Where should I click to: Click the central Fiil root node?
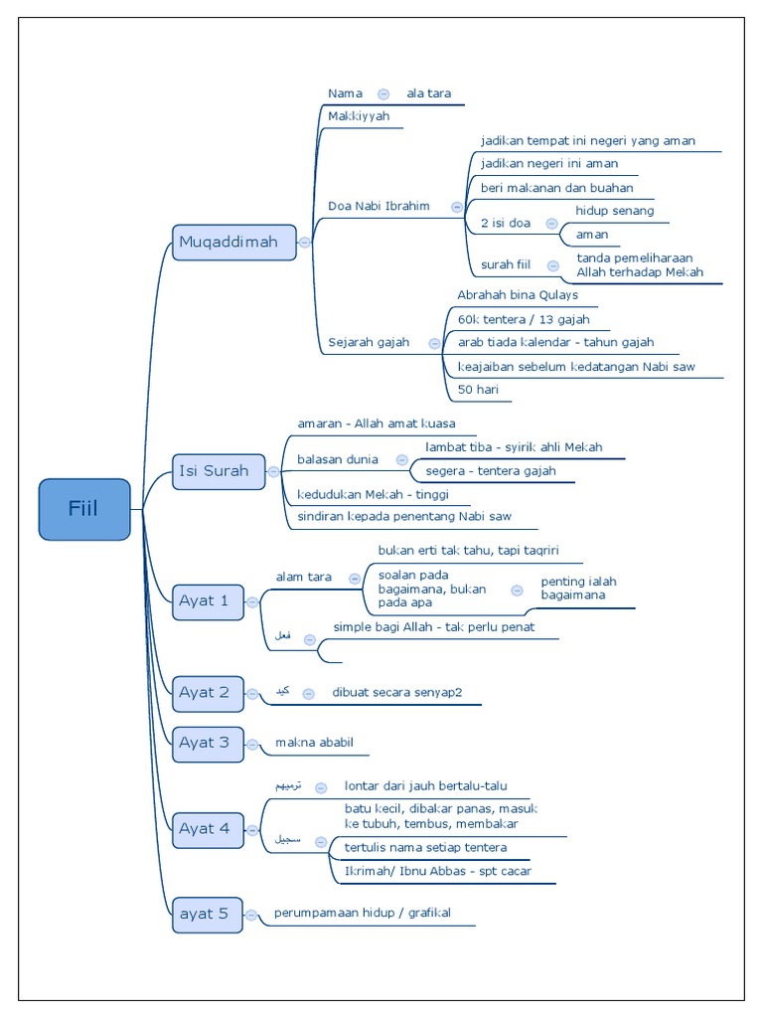point(84,509)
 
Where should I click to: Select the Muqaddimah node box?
point(233,242)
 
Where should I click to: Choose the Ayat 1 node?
point(208,600)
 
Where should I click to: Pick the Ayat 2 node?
point(208,693)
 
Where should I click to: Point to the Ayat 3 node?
point(208,743)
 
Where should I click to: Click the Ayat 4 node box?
point(208,829)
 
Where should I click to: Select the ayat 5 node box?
point(207,914)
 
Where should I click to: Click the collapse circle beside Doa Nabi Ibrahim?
point(456,207)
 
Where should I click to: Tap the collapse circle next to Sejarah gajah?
point(434,343)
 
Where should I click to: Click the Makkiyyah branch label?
point(359,116)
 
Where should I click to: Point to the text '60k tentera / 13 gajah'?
point(524,319)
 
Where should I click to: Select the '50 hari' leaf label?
point(479,391)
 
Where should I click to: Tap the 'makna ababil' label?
point(315,742)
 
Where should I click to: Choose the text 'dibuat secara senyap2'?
point(396,693)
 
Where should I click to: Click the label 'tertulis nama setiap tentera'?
point(425,847)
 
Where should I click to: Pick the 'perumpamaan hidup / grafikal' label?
point(362,913)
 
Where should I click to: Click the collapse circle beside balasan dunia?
point(401,460)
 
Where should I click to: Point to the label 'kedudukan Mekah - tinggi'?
point(373,494)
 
